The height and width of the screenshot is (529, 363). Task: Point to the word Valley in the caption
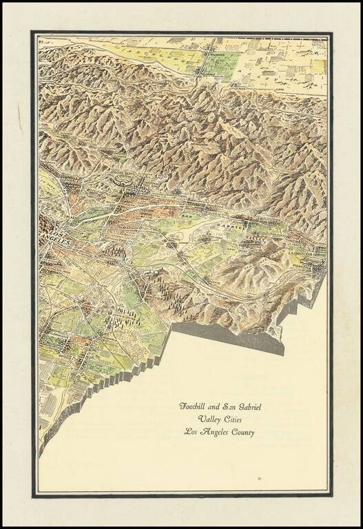point(208,419)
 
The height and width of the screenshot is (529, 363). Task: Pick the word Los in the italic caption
point(191,433)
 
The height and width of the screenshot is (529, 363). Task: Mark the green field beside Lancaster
point(222,65)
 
